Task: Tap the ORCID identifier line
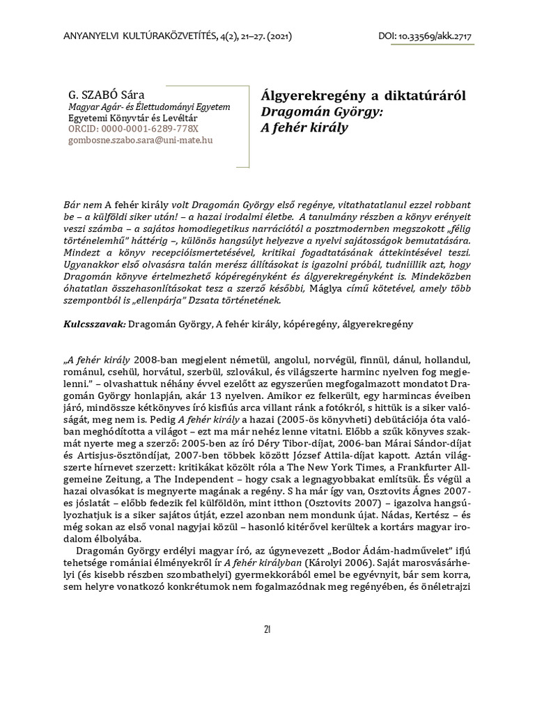tap(132, 129)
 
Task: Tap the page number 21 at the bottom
tap(267, 629)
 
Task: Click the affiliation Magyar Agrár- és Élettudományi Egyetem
tap(148, 107)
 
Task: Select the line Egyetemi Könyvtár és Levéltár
tap(132, 118)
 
